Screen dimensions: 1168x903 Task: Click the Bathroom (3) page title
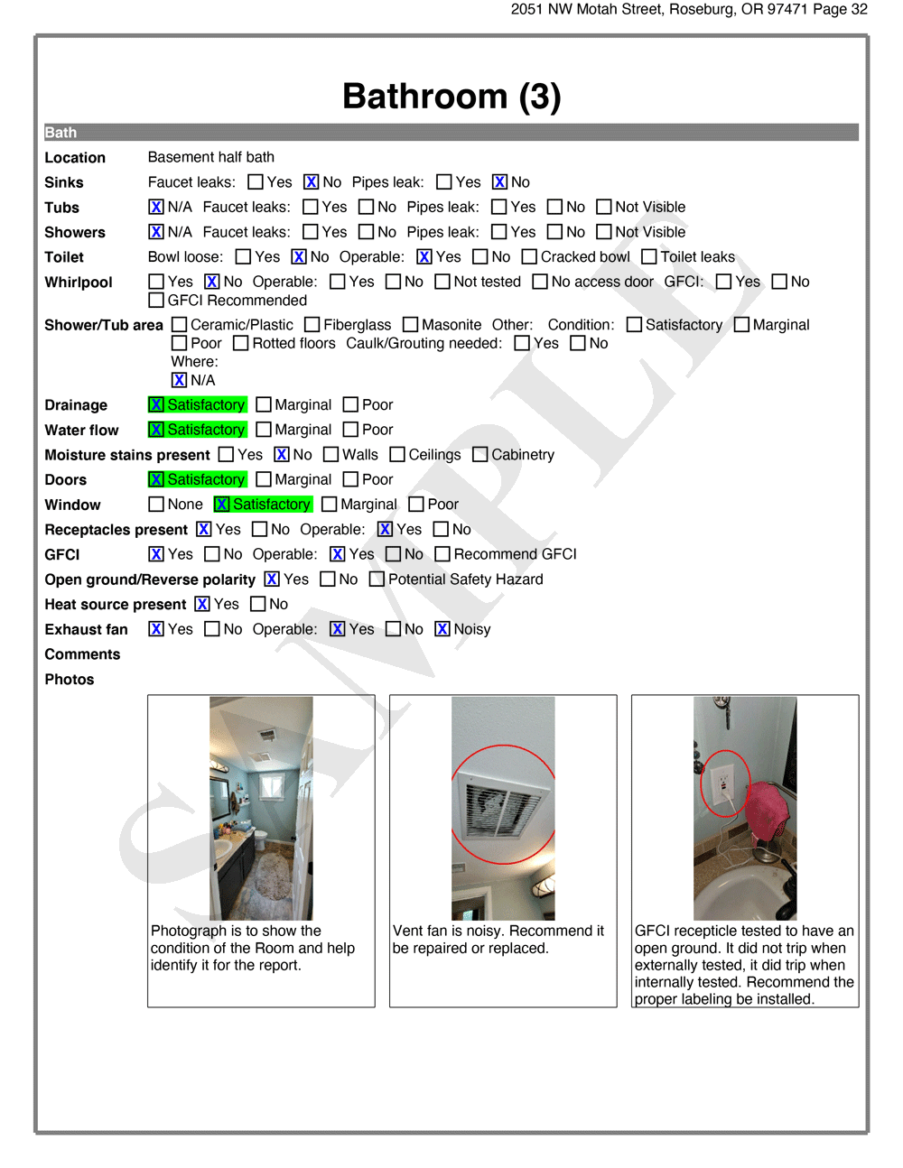[451, 97]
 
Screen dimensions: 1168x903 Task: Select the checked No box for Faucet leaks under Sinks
[311, 182]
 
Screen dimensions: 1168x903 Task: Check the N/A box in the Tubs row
[156, 207]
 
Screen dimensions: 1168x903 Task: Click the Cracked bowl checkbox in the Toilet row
[529, 257]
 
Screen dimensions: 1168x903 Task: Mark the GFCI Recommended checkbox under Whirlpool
[156, 301]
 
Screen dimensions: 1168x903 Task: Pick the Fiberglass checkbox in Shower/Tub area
[312, 325]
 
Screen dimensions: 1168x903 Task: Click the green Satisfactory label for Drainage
[206, 405]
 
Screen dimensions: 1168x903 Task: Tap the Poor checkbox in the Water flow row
[351, 430]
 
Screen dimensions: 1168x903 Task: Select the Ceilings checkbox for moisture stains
[397, 455]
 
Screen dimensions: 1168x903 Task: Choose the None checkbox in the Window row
[156, 505]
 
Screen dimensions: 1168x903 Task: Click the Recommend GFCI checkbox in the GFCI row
[442, 554]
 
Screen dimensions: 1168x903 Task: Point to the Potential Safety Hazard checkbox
[377, 579]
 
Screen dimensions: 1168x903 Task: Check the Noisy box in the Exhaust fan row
[442, 629]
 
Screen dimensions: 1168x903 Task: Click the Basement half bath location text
[210, 157]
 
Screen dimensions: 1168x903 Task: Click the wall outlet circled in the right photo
[723, 783]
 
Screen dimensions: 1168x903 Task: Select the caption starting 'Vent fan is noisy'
[498, 940]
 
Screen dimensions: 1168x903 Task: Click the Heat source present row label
[116, 605]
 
